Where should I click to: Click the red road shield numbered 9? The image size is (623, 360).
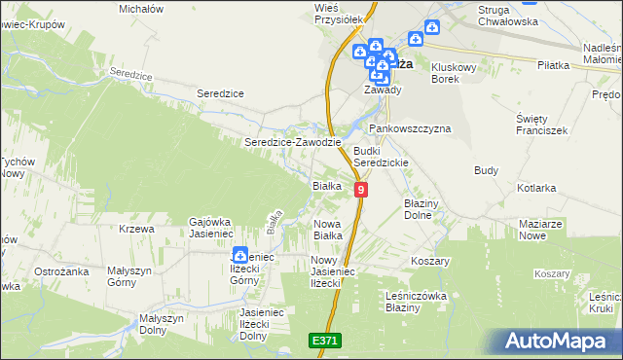pyautogui.click(x=361, y=190)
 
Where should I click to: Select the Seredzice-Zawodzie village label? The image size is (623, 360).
pyautogui.click(x=292, y=142)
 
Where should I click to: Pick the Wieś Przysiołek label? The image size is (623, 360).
pyautogui.click(x=339, y=13)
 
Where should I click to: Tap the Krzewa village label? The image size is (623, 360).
pyautogui.click(x=137, y=229)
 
